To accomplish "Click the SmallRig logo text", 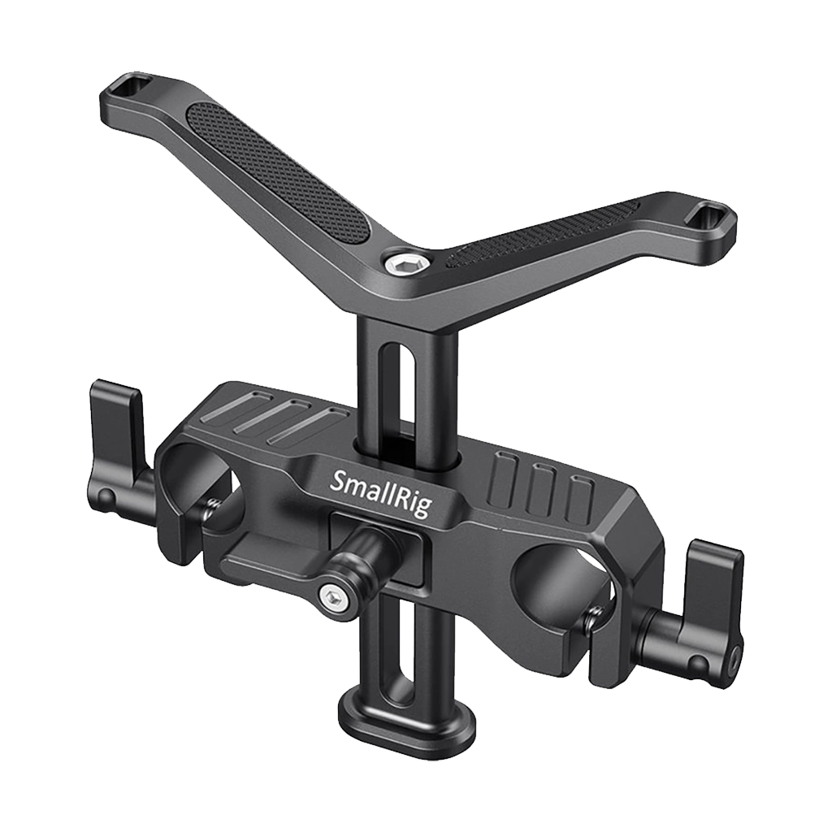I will (x=380, y=492).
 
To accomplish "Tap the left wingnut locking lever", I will (x=118, y=431).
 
